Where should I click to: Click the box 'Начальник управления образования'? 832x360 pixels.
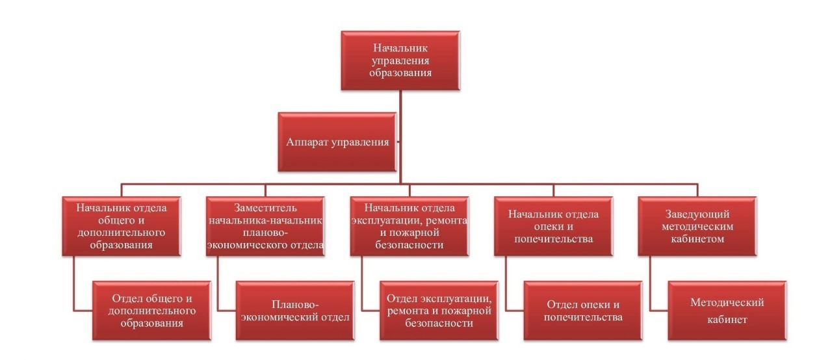point(400,60)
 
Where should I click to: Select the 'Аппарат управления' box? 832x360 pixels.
point(337,142)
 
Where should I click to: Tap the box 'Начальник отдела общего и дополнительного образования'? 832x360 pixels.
point(122,226)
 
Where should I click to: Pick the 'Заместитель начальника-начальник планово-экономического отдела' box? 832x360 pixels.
point(265,226)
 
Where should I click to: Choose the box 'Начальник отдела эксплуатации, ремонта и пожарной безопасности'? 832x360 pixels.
point(409,226)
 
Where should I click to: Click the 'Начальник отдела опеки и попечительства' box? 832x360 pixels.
point(553,226)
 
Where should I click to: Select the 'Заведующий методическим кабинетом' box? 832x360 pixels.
point(697,226)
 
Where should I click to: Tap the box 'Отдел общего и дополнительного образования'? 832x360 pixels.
point(152,311)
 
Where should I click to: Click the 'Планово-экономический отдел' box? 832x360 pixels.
point(295,311)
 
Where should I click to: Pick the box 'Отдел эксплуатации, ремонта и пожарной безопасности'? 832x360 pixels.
point(439,311)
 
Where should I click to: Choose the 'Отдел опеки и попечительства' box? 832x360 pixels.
point(583,311)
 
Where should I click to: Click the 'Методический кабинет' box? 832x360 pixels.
point(727,311)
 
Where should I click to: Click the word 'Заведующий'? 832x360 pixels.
point(697,214)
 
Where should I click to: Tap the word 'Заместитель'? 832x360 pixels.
point(265,208)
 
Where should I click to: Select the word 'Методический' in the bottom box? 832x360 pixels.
point(727,303)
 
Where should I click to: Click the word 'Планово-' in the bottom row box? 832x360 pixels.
point(295,305)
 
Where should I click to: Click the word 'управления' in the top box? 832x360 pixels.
point(400,60)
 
